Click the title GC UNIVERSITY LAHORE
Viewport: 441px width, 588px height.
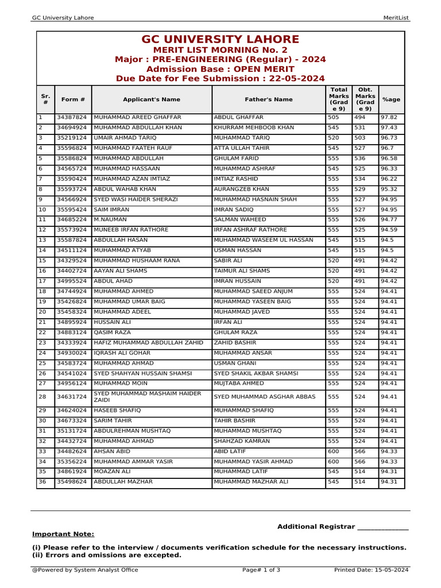[220, 40]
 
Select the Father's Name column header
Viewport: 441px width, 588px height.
[268, 99]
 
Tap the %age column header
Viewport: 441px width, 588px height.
[391, 99]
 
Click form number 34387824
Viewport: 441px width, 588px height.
[72, 117]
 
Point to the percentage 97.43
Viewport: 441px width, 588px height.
[389, 127]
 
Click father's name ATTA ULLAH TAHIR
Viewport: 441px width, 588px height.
[241, 148]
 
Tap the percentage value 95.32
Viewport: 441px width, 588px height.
[389, 189]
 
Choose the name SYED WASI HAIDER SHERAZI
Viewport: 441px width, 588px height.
[136, 199]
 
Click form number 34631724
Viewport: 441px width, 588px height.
[72, 397]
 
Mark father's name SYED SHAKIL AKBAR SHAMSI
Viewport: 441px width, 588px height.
[256, 373]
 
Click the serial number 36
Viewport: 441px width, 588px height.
[42, 482]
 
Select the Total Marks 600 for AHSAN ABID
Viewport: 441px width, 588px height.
[333, 451]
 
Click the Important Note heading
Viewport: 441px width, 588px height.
[63, 534]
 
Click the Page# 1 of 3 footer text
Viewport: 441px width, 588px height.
[261, 570]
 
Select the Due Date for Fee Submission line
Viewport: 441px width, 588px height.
[220, 79]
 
